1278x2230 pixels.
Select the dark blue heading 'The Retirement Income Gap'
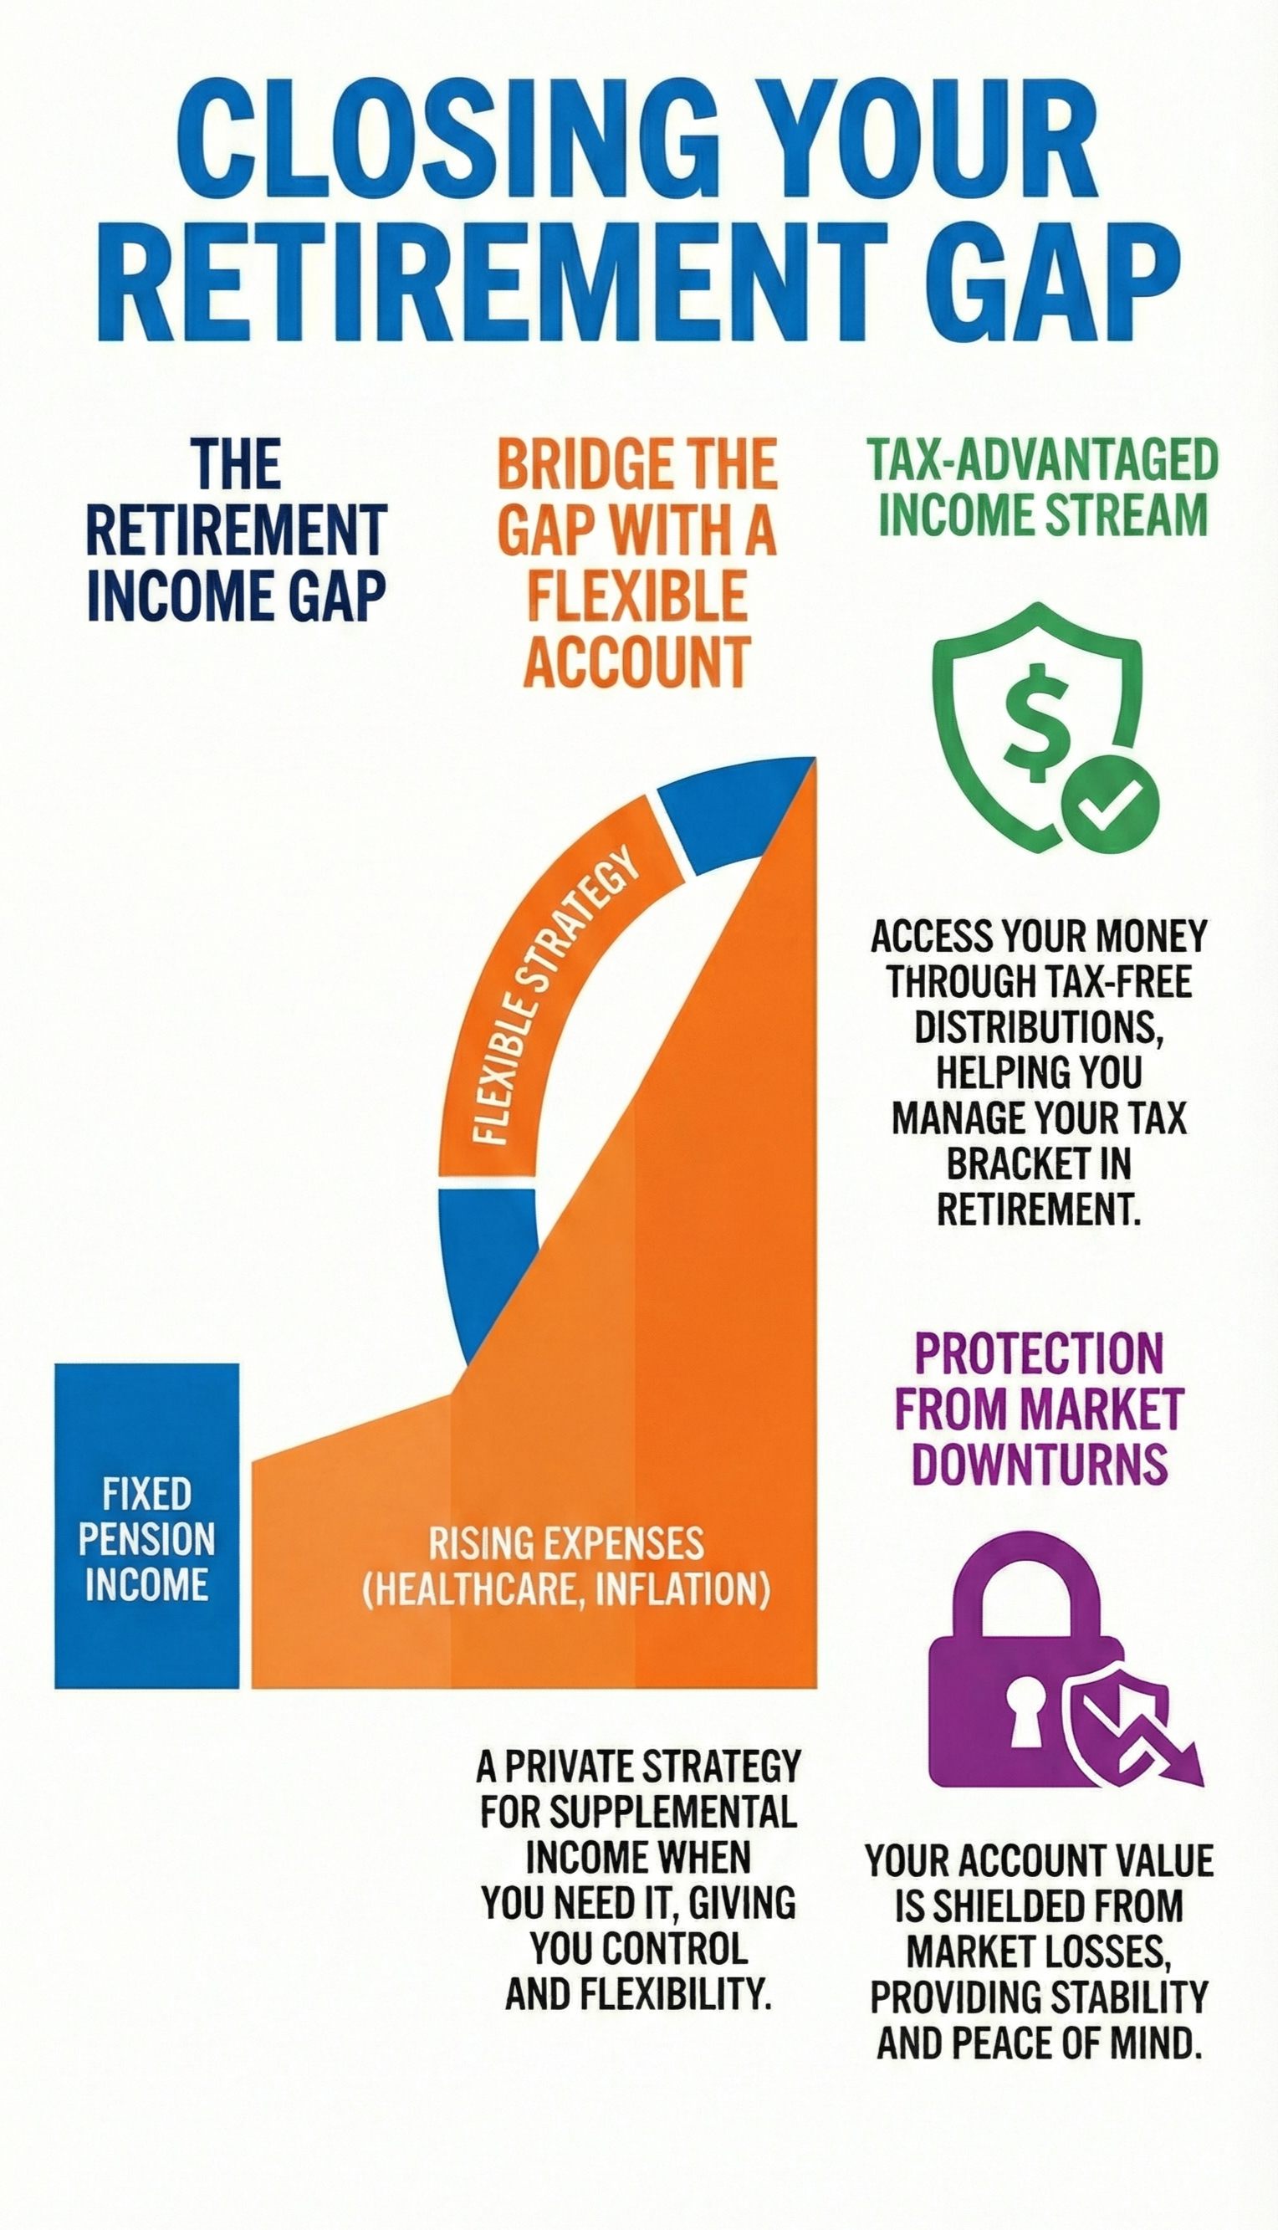coord(236,530)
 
